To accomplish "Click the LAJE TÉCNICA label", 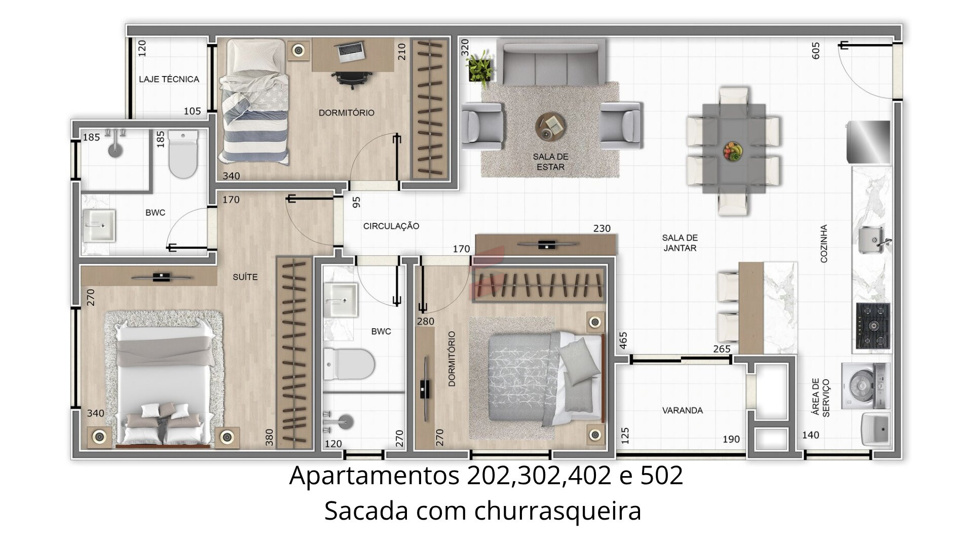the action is [x=169, y=79].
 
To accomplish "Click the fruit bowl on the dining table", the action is [x=733, y=150].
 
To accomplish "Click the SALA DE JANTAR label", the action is [x=680, y=243].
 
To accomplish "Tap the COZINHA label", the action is [x=824, y=244].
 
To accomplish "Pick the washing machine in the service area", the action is [x=866, y=385].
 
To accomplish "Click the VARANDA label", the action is [x=682, y=410].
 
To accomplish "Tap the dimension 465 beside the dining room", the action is [x=623, y=340].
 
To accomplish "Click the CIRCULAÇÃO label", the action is [x=391, y=226].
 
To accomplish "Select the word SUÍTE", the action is [x=245, y=277].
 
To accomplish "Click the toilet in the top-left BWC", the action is [x=182, y=154].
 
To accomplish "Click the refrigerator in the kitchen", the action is [x=868, y=142].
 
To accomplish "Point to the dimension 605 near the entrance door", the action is [x=816, y=51].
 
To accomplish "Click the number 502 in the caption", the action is [x=661, y=475].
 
